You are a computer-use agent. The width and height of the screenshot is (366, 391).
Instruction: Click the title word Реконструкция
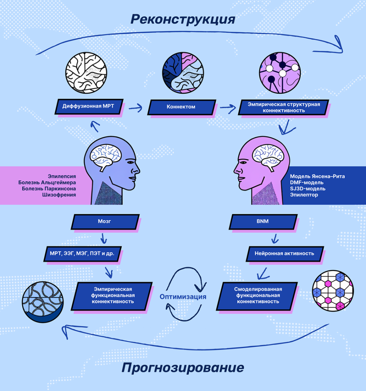pos(183,19)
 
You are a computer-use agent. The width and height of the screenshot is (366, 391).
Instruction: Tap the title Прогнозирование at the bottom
pos(183,368)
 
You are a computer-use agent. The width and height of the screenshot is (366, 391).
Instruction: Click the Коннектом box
pos(181,107)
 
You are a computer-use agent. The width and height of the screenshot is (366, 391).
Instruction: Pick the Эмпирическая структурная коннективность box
pos(283,107)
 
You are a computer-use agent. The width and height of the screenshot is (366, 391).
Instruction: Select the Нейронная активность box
pos(284,253)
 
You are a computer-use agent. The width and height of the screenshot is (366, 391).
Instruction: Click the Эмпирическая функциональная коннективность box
pos(113,295)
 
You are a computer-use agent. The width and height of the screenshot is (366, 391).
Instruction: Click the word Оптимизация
pos(183,297)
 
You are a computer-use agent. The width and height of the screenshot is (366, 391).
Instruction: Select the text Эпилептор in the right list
pos(303,195)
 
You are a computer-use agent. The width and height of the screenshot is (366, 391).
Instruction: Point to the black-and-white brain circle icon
pos(86,73)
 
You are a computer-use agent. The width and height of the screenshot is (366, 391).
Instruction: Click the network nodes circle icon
pos(280,73)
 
